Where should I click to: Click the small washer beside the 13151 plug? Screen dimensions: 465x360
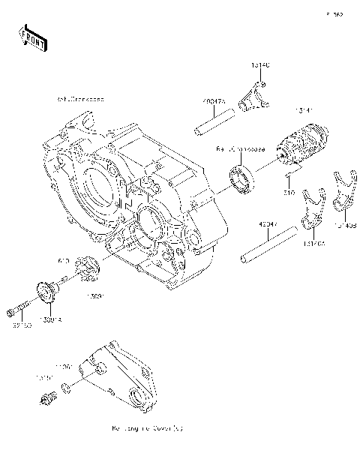tap(67, 388)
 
